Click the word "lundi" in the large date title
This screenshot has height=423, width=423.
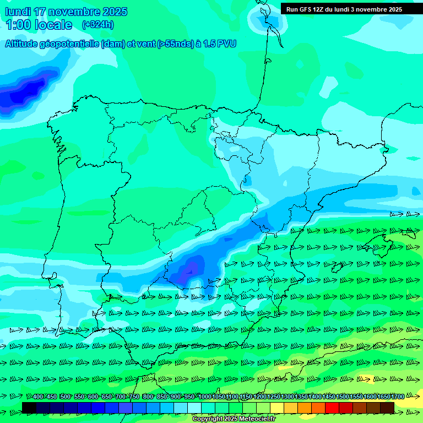coord(18,12)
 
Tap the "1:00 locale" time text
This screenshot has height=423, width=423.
coord(39,25)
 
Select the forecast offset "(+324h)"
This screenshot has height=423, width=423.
coord(98,25)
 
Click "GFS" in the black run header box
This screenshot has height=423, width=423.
coord(309,9)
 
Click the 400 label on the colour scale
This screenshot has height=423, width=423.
coord(37,397)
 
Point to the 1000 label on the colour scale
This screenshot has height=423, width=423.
coord(204,397)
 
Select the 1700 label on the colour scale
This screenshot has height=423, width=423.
coord(398,397)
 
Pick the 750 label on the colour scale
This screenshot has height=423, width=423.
coord(134,397)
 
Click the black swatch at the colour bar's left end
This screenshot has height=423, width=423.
coord(29,408)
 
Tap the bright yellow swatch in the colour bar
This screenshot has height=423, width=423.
coord(277,408)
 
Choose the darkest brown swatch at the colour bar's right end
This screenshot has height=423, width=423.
coord(387,408)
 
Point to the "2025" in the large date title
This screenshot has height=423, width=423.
coord(115,12)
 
